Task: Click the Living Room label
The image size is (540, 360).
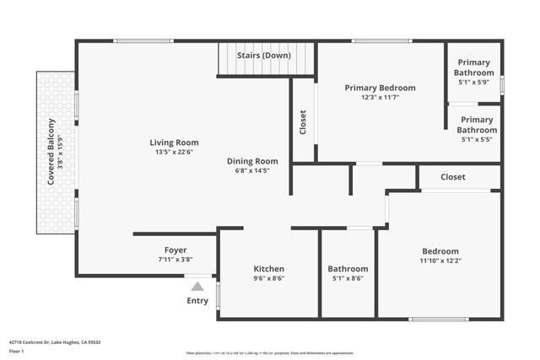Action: (174, 142)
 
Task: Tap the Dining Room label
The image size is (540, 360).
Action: (252, 161)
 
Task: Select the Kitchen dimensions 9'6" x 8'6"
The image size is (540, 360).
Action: (268, 278)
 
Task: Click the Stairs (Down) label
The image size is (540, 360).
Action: (265, 56)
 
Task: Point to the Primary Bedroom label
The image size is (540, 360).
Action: (381, 88)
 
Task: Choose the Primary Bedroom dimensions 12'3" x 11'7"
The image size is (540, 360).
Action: (381, 98)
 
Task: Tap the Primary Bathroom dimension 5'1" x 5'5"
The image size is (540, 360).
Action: (476, 140)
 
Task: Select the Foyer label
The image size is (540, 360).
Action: (175, 250)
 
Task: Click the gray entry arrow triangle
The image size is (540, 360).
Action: (197, 287)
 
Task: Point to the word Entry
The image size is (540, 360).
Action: (197, 301)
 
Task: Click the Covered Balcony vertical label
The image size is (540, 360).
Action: (51, 152)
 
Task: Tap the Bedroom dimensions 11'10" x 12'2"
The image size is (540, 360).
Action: (440, 261)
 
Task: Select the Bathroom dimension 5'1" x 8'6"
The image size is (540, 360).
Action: (348, 278)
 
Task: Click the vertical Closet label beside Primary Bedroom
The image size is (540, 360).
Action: (303, 123)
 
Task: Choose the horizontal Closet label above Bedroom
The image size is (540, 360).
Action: (453, 177)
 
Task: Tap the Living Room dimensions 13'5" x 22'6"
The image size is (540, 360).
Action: (174, 153)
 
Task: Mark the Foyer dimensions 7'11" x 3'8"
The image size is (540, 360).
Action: (175, 260)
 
